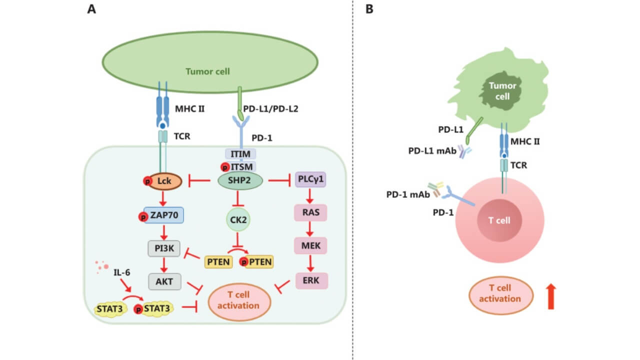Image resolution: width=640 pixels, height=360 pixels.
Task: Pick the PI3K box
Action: click(164, 248)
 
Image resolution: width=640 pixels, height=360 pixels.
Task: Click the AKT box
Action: click(164, 281)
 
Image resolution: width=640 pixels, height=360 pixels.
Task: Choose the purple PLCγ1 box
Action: click(311, 179)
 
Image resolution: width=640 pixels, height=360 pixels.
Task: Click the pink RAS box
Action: click(311, 212)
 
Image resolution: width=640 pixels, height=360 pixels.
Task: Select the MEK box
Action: click(311, 245)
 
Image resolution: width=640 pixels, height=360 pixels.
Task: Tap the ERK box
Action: click(311, 279)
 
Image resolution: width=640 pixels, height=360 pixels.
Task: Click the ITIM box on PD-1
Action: click(241, 153)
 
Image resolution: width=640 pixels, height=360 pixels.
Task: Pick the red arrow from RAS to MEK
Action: click(311, 229)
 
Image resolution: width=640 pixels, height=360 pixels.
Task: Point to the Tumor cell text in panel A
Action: click(207, 71)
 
